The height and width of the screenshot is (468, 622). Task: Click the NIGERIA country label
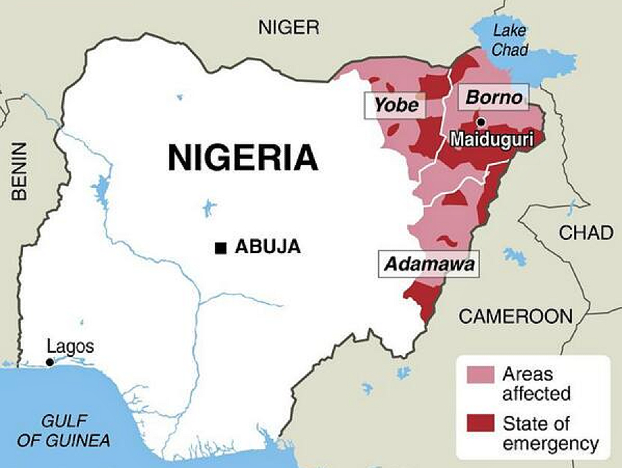click(242, 158)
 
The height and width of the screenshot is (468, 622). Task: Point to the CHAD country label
click(586, 233)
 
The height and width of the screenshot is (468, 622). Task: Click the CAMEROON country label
click(516, 317)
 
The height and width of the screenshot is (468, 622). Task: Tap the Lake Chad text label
click(510, 40)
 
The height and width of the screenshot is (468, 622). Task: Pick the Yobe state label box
click(397, 105)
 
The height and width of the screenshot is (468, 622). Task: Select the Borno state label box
click(494, 97)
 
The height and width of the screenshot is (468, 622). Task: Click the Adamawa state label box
click(429, 264)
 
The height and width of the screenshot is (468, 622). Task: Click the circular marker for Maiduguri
click(482, 123)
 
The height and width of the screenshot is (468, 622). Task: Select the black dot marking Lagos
click(49, 363)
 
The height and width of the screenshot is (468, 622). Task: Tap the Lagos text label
click(69, 347)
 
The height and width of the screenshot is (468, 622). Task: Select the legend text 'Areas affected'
click(537, 384)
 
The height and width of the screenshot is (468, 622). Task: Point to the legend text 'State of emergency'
click(551, 433)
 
